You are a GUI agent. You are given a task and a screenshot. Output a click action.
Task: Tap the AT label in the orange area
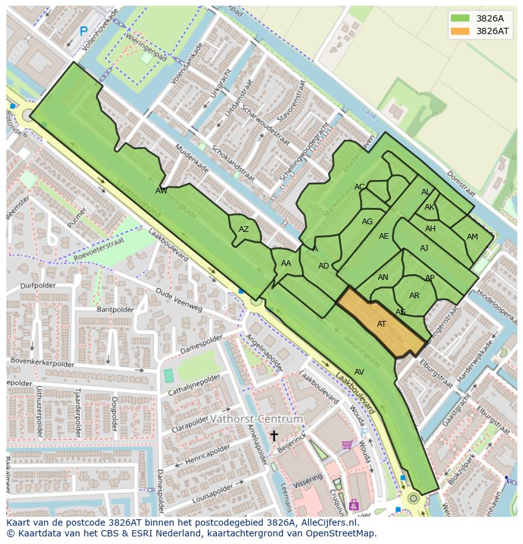coord(382,324)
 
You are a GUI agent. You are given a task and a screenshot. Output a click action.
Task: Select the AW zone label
coord(161,191)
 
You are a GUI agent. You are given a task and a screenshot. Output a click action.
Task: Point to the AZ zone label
coord(244,229)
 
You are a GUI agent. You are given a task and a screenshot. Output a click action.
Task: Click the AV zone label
coord(359,372)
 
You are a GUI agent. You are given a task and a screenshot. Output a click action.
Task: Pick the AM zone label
coord(472,237)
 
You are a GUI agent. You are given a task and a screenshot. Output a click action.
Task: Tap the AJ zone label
coord(424,248)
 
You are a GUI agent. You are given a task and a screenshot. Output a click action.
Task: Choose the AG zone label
coord(367,222)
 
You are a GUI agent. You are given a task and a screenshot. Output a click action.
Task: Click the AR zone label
coord(414,296)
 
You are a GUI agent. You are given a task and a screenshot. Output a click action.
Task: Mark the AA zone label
coord(286,263)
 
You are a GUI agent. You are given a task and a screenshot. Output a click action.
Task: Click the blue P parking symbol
coord(83,31)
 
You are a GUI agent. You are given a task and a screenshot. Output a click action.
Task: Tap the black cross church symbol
coord(274,435)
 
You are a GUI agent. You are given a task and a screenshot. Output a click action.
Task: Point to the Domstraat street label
coord(461,183)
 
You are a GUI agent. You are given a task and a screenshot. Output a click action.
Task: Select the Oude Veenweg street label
coord(179,299)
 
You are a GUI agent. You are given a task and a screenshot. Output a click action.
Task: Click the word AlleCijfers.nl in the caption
coord(329,523)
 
